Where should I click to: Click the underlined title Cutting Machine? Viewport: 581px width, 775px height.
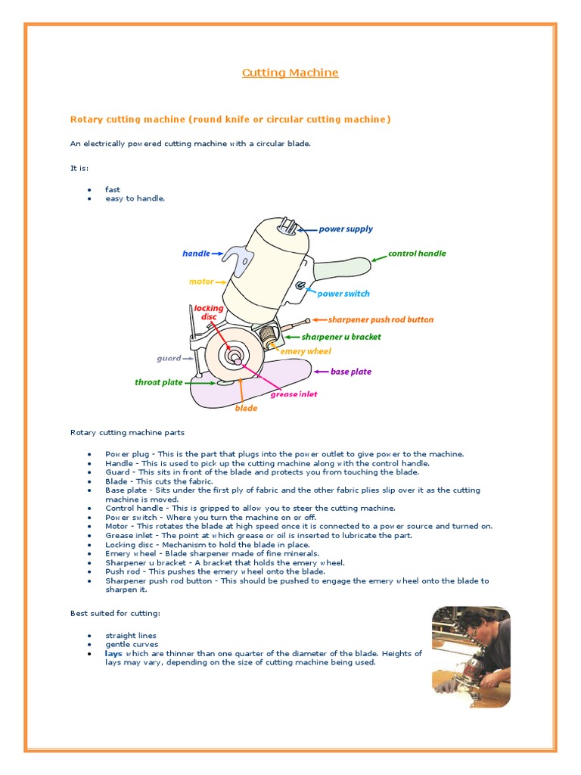tap(290, 73)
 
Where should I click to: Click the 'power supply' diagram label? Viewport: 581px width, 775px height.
tap(346, 229)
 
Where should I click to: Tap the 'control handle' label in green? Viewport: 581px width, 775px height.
tap(417, 254)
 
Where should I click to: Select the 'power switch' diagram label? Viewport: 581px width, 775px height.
tap(343, 294)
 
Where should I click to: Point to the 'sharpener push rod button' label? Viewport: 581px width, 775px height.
tap(381, 319)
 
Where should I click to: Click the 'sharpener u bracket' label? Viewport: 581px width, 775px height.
tap(341, 337)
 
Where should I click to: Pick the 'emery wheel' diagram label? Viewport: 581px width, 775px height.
tap(306, 351)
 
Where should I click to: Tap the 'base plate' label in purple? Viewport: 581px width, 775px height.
tap(351, 372)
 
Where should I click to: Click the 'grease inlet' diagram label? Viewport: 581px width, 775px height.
tap(294, 394)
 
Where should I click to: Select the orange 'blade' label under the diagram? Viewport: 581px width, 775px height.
tap(246, 408)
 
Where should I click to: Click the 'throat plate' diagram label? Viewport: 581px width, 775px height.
tap(159, 382)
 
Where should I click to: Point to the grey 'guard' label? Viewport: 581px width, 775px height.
tap(169, 358)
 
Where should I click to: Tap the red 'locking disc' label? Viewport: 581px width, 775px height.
tap(209, 312)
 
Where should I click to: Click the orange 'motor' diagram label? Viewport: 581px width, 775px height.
tap(201, 282)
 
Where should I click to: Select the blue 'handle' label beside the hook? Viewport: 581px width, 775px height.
tap(196, 254)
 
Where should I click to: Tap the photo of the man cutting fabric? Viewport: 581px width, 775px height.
tap(471, 656)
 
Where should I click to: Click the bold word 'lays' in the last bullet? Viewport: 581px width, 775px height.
tap(113, 653)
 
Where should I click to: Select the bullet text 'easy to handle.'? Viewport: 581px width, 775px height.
tap(135, 198)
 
